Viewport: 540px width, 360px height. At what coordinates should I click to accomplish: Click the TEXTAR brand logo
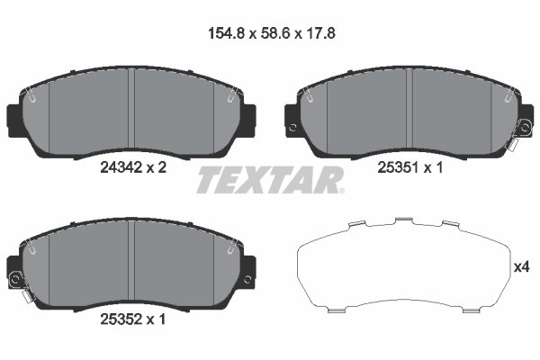269,180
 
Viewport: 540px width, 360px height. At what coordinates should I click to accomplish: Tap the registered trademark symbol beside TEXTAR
340,190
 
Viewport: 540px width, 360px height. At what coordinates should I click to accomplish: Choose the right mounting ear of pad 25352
248,268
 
